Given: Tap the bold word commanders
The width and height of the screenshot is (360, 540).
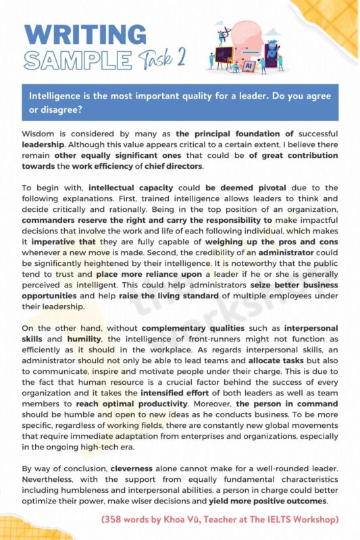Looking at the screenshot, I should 49,219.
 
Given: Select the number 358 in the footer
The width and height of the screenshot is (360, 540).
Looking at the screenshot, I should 115,519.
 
